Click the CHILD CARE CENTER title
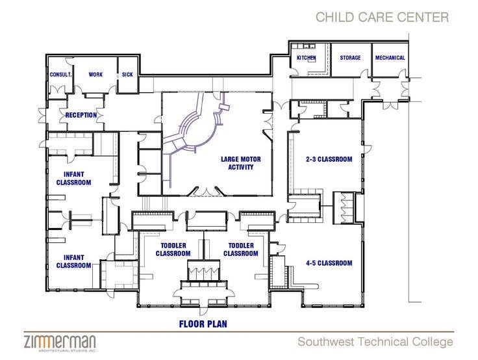(x=383, y=17)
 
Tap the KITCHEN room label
(x=307, y=58)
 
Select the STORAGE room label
(x=350, y=58)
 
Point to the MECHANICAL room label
(x=390, y=58)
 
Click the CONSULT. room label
(x=60, y=75)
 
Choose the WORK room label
(x=95, y=75)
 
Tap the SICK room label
(x=127, y=75)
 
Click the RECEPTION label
(x=81, y=115)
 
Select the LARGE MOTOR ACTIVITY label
(x=241, y=163)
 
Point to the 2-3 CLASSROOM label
(x=329, y=159)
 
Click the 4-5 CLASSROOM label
(x=329, y=263)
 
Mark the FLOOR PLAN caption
(x=203, y=324)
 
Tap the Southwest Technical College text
(x=375, y=342)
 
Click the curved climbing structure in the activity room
(x=195, y=128)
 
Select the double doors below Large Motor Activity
(x=207, y=192)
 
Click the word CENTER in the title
(x=423, y=17)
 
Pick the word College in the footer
(x=433, y=342)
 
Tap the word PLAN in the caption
(x=216, y=324)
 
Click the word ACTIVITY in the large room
(x=241, y=167)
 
